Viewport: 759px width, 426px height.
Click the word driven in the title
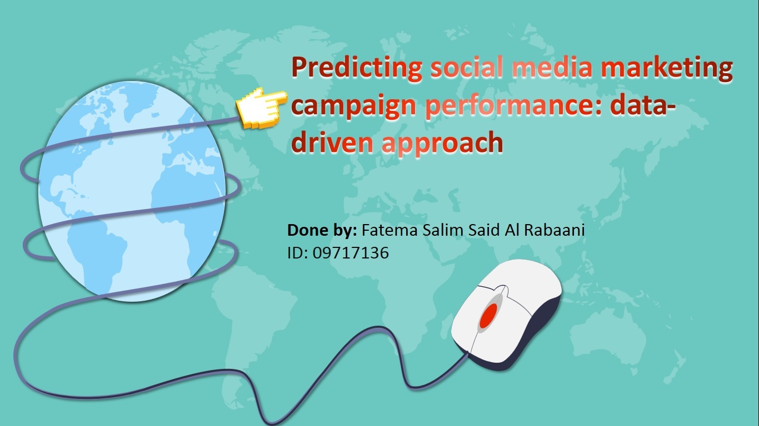pos(332,142)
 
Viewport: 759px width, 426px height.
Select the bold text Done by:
pos(322,230)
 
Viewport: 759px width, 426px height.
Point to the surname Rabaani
pos(555,230)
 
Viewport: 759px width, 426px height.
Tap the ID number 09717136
pos(351,253)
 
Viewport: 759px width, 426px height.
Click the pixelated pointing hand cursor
pos(261,108)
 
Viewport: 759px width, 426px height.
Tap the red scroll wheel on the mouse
pos(488,315)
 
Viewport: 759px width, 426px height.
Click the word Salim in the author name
pos(443,230)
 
